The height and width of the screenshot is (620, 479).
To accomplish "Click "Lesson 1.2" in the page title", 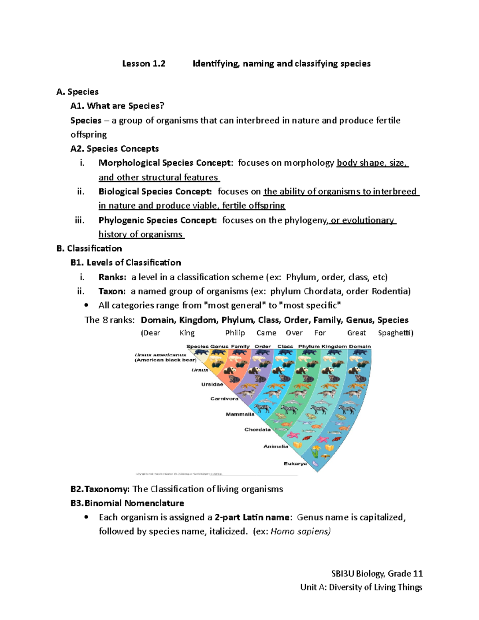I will [144, 63].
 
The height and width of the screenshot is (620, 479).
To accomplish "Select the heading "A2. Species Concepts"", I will [115, 149].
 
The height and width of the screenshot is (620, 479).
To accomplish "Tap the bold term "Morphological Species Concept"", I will [164, 163].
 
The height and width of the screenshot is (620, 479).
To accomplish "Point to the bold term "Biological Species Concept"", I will [155, 192].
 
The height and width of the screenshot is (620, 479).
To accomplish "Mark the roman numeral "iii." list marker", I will [80, 220].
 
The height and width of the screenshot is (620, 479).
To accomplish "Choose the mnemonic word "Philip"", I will [235, 333].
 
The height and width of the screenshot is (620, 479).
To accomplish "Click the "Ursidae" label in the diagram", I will [212, 384].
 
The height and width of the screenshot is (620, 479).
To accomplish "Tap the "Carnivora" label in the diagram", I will [224, 398].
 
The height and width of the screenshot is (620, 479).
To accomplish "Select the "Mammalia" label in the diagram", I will [240, 414].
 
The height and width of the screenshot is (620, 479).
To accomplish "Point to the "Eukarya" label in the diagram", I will [295, 464].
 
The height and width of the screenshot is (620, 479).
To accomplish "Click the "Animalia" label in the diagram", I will [275, 446].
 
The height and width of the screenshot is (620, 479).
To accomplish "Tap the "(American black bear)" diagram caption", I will [166, 360].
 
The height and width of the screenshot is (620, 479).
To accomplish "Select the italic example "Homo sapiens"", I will [300, 531].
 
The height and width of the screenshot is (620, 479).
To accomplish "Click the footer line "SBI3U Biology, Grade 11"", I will [377, 574].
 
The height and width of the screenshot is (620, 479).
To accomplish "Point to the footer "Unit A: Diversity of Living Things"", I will [361, 587].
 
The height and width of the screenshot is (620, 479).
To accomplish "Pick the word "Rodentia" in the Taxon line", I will [391, 291].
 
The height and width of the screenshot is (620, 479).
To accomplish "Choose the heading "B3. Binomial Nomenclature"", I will [127, 503].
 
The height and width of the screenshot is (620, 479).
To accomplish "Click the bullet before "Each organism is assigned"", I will [86, 517].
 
